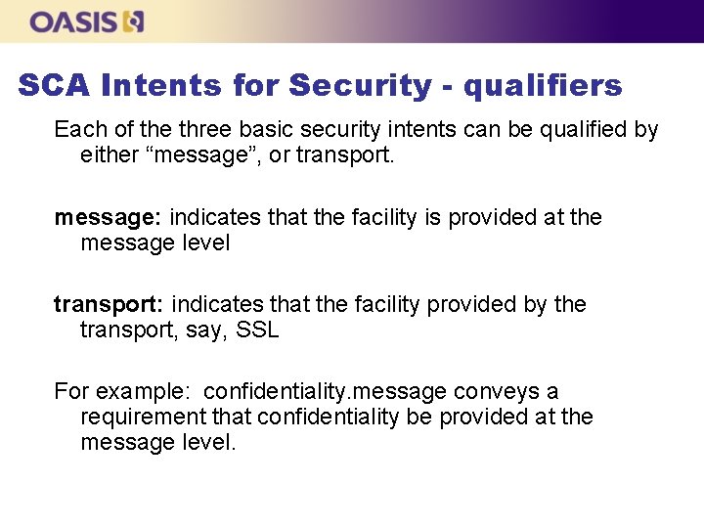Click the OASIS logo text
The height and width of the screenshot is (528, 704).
(74, 22)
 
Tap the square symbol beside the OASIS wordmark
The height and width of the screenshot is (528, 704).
(134, 22)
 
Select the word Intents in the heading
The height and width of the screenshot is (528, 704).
(161, 86)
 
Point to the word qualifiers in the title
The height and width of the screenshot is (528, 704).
(543, 86)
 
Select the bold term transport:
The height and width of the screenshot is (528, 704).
(109, 304)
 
